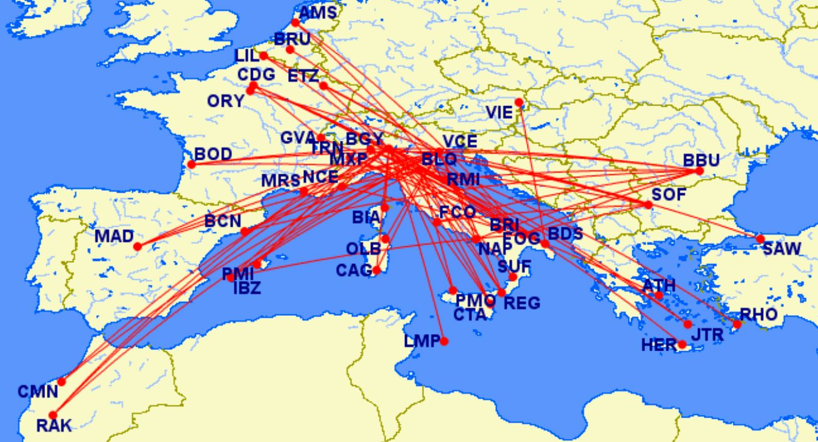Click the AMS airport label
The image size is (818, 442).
[x=317, y=12]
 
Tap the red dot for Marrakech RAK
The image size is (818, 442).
[x=52, y=415]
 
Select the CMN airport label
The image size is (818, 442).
[x=37, y=391]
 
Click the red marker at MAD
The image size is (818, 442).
[x=138, y=246]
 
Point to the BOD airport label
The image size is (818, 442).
[x=213, y=155]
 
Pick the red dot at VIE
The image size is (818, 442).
[x=519, y=102]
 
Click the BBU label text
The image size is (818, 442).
[x=701, y=160]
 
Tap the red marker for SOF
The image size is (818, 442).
[x=648, y=204]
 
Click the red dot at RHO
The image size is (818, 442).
[x=737, y=324]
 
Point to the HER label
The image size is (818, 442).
[x=659, y=345]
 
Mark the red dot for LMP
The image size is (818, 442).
[x=444, y=341]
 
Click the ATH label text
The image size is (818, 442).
[x=658, y=285]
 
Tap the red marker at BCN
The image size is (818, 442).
[x=245, y=232]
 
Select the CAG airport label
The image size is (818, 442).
[x=354, y=270]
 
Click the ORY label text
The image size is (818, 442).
[x=225, y=101]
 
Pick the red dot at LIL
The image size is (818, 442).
[x=264, y=56]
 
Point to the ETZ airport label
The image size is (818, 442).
[x=303, y=76]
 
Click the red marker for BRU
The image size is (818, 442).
[x=290, y=49]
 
